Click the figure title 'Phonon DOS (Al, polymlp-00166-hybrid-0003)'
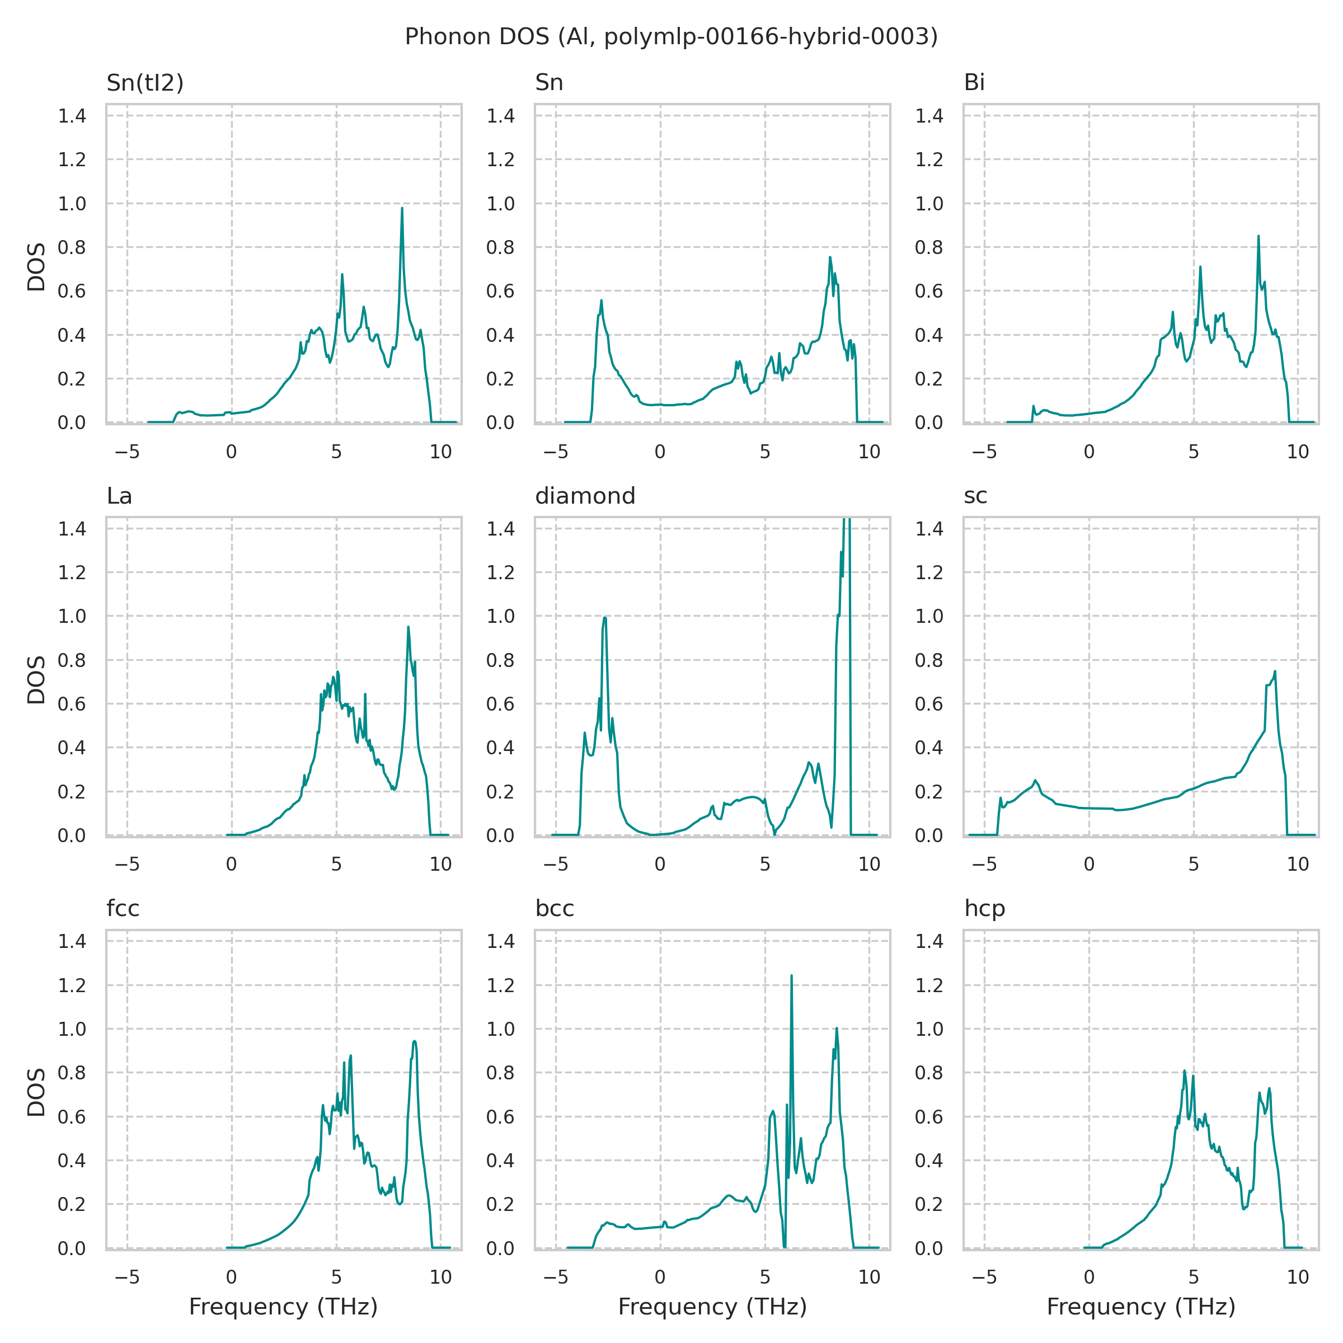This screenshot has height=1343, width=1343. [x=671, y=37]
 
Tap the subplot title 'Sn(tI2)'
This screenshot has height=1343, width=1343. [x=144, y=83]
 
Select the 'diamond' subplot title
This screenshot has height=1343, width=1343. [x=585, y=496]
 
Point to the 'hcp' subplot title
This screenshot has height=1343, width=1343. [x=984, y=909]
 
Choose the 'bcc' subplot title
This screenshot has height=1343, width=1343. [x=554, y=909]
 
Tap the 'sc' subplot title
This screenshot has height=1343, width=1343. [x=975, y=496]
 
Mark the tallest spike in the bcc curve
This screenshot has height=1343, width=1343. [x=791, y=976]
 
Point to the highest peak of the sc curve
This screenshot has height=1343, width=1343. [x=1275, y=671]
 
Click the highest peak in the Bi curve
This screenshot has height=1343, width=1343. [x=1258, y=236]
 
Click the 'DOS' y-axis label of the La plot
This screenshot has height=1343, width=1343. [x=36, y=679]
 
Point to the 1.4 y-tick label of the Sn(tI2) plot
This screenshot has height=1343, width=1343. [x=72, y=116]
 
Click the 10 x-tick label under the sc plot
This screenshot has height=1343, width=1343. [x=1298, y=864]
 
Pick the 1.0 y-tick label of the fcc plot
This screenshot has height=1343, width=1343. [x=72, y=1029]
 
